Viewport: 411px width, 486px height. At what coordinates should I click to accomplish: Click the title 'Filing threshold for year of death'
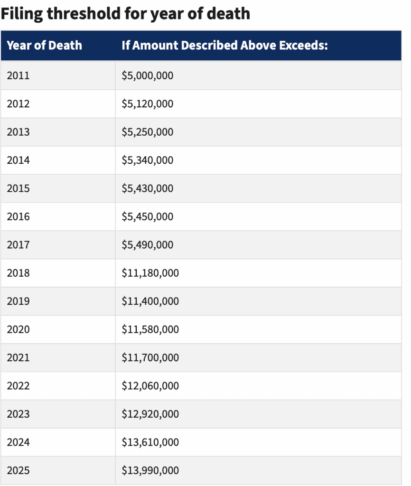pyautogui.click(x=125, y=13)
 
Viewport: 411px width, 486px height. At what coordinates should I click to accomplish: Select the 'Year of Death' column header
pyautogui.click(x=44, y=46)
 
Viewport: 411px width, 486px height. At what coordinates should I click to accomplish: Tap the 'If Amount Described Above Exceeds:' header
pyautogui.click(x=224, y=46)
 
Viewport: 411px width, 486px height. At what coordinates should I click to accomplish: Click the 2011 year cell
pyautogui.click(x=18, y=75)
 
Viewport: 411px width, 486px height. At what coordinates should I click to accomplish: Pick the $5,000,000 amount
pyautogui.click(x=147, y=75)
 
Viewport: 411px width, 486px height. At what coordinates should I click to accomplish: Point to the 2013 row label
pyautogui.click(x=18, y=132)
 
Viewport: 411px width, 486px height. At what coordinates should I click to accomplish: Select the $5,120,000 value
pyautogui.click(x=147, y=103)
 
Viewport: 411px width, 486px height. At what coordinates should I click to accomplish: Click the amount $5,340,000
pyautogui.click(x=147, y=160)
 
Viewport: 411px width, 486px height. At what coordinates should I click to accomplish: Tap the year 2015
pyautogui.click(x=18, y=188)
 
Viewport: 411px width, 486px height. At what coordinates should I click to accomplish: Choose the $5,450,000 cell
pyautogui.click(x=147, y=216)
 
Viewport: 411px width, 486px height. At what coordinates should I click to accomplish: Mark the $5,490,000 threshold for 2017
pyautogui.click(x=147, y=245)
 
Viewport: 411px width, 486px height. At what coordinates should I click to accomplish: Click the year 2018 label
pyautogui.click(x=18, y=273)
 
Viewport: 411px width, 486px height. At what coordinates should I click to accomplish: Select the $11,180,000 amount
pyautogui.click(x=150, y=273)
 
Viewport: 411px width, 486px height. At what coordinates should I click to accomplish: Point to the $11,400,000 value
pyautogui.click(x=150, y=301)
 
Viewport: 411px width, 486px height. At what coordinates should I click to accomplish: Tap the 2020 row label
pyautogui.click(x=18, y=329)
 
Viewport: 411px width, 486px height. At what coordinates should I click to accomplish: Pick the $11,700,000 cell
pyautogui.click(x=150, y=357)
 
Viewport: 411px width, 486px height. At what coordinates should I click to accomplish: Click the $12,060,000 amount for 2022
pyautogui.click(x=150, y=386)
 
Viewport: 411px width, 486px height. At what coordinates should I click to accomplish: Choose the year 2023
pyautogui.click(x=18, y=414)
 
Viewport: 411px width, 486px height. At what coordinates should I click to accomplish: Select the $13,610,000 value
pyautogui.click(x=150, y=442)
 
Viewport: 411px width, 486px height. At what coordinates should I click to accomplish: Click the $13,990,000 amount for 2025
pyautogui.click(x=150, y=470)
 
